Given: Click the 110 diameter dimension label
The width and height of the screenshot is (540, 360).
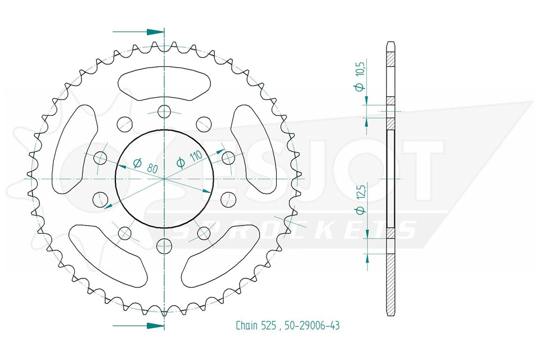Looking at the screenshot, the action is [x=189, y=159].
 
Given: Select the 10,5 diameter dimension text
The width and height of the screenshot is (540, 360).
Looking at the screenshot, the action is [x=360, y=75].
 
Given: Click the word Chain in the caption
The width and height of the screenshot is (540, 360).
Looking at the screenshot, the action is [x=246, y=325].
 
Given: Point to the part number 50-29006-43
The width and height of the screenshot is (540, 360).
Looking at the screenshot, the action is [x=311, y=325].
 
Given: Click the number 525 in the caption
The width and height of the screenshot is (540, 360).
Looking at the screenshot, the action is [x=269, y=325].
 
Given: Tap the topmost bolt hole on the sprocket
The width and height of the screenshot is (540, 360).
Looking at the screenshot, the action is [x=164, y=111].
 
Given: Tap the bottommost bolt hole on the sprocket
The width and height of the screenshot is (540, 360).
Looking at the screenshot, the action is [x=164, y=246].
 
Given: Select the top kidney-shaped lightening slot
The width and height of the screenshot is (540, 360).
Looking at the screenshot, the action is [x=164, y=83].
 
